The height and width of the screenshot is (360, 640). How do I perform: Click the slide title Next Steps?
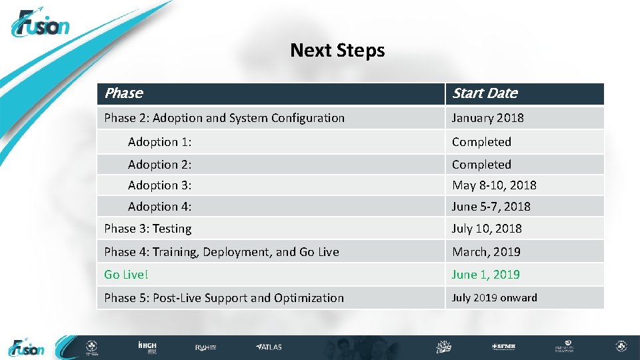pos(337,51)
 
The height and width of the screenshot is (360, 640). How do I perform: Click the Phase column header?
pos(124,93)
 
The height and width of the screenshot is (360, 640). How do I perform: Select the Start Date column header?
pos(485,93)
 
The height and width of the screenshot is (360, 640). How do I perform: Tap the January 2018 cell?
pos(488,118)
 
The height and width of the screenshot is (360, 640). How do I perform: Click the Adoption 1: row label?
pos(160,142)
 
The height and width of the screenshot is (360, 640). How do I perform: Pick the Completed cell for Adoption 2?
pos(481,164)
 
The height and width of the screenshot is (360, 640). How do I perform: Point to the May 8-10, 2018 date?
pos(494,185)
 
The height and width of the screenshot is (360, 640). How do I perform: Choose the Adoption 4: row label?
pos(160,207)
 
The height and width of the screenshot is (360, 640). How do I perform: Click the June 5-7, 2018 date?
pos(491,207)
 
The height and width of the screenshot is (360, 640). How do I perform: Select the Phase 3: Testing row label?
pos(148,229)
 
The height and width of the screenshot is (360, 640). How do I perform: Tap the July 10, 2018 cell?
pos(487,229)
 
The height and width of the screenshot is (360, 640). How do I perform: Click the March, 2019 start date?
pos(486,252)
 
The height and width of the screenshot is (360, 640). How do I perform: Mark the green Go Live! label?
pos(125,275)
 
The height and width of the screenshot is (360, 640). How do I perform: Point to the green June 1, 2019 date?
pos(485,275)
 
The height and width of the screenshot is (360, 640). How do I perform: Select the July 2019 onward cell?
pos(494,298)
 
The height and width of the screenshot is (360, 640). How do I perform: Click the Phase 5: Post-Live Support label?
pos(224,298)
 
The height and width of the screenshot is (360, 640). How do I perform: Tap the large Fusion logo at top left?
pos(40,25)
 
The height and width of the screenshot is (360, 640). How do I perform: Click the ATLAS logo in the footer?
pos(269,347)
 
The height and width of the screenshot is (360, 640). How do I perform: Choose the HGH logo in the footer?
pos(147,347)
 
